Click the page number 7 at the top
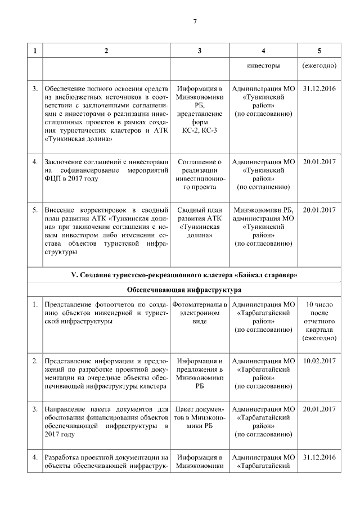click(x=195, y=22)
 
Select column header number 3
click(x=200, y=51)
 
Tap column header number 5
click(x=319, y=51)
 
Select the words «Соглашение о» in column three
click(x=200, y=162)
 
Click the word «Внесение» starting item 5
click(x=60, y=210)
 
